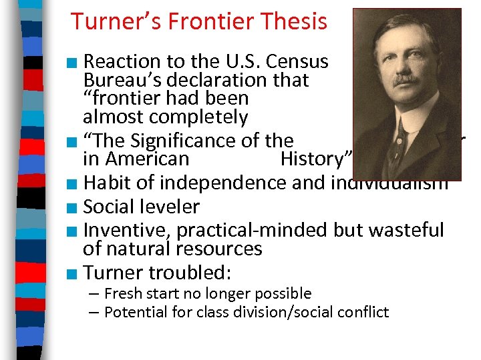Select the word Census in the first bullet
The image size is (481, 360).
click(x=297, y=62)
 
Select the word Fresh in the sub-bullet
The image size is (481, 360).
click(x=123, y=294)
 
